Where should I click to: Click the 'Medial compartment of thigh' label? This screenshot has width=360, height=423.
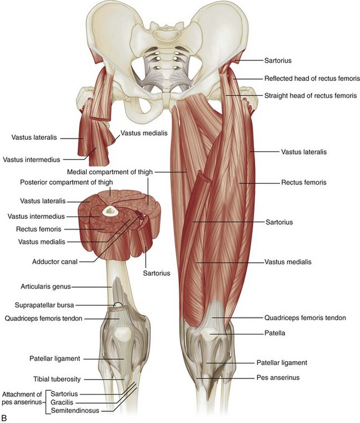108,171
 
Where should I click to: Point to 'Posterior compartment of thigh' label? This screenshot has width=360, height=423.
66,182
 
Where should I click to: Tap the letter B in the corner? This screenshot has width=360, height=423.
5,418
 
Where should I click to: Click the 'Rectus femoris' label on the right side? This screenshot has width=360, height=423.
304,183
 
